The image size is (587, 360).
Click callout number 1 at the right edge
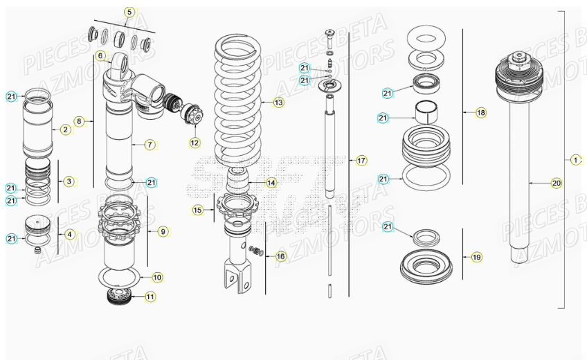pos(576,160)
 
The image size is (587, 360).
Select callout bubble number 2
pos(66,129)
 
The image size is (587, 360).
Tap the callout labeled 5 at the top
pos(129,12)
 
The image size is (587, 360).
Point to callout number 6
pos(100,55)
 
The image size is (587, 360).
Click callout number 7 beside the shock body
pos(150,145)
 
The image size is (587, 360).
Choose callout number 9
pos(163,231)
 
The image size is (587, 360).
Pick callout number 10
pos(157,277)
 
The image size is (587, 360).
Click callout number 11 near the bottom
pos(150,296)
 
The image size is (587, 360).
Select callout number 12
pos(195,143)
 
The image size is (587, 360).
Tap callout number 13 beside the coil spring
pos(278,103)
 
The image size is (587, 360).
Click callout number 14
pos(271,183)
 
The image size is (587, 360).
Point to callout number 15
pos(198,209)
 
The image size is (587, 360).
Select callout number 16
pos(280,256)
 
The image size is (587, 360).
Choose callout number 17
pos(361,161)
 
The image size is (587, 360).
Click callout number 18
pos(481,113)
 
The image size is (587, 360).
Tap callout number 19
pos(476,257)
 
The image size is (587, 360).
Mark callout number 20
pos(557,183)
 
